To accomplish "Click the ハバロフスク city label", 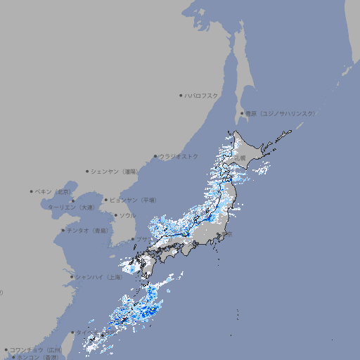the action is (202, 95).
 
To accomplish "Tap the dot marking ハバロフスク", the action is (181, 95).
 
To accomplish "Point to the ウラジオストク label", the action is (179, 156).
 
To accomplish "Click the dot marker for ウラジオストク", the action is (156, 157).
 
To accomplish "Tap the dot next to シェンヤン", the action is (88, 171).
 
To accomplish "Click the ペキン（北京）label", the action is (54, 191).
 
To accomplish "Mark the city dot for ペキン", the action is (32, 191).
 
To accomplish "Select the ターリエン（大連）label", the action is (71, 207).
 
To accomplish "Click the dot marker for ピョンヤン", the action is (107, 200).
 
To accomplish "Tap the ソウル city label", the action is (127, 215).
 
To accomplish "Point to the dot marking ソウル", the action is (115, 215).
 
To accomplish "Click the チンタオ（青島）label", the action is (88, 230).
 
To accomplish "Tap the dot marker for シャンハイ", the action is (72, 277).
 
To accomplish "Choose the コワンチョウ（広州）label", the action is (36, 349).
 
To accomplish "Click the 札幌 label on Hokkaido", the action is (240, 158).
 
